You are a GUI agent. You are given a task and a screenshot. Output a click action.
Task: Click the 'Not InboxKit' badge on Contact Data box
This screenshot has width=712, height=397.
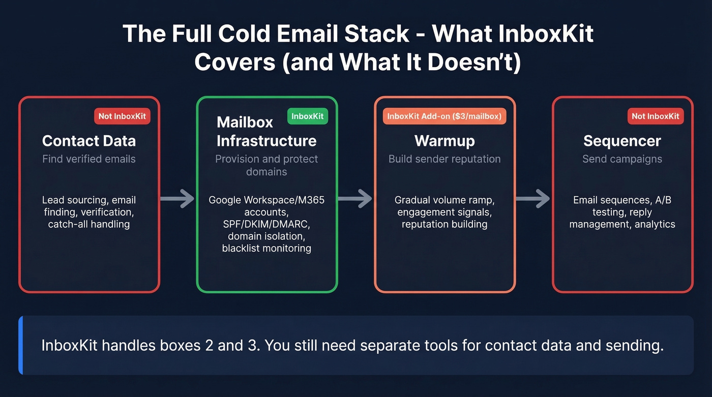(122, 116)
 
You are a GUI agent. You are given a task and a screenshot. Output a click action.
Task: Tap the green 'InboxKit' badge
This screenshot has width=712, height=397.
(308, 116)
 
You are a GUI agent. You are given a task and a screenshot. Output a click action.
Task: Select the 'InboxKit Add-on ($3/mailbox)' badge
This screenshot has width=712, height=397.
(444, 116)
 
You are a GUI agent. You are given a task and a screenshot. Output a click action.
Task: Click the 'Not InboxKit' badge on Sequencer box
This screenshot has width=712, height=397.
(656, 116)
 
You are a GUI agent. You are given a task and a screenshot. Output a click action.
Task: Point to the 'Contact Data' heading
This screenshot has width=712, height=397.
(89, 141)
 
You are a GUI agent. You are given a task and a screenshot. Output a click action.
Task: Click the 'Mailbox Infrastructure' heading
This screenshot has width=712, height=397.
(266, 132)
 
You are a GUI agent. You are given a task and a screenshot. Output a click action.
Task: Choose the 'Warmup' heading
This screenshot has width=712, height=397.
(444, 141)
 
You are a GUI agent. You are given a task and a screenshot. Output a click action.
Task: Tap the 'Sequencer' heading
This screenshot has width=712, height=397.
(622, 141)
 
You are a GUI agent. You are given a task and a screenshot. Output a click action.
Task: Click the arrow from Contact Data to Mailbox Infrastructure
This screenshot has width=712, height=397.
(177, 199)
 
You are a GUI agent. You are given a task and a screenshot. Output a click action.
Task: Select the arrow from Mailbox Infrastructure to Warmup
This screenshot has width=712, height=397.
(355, 199)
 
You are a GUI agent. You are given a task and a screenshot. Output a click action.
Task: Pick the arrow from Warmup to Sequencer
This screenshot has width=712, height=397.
(533, 199)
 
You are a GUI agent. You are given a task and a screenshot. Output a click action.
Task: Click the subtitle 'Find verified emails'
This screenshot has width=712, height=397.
(89, 159)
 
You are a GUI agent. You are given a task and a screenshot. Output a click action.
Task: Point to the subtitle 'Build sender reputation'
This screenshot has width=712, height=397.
(444, 159)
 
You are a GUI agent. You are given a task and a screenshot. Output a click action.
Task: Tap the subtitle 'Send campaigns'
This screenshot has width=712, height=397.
(622, 159)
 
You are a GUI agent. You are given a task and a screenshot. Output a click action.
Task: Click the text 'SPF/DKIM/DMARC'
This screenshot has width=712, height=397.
(266, 224)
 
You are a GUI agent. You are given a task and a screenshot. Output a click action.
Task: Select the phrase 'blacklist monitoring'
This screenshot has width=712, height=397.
(266, 249)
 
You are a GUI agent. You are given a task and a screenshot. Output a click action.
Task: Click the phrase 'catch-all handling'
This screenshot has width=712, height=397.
(89, 224)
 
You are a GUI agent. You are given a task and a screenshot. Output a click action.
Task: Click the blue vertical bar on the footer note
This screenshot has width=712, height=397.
(21, 345)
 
